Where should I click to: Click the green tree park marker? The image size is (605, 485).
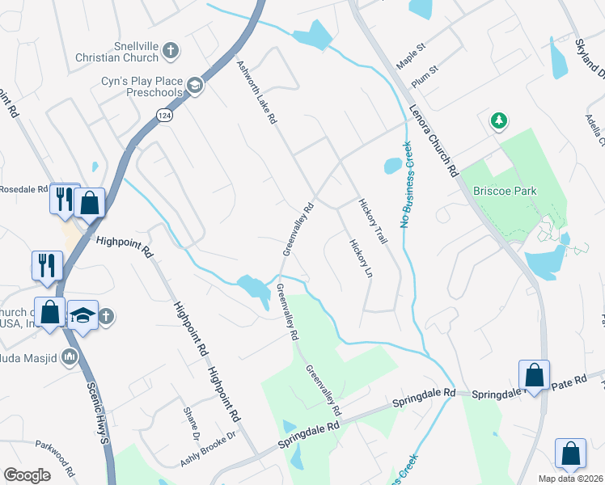click(x=499, y=121)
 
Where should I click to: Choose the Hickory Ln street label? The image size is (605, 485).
click(x=360, y=259)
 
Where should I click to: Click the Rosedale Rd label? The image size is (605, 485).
click(x=22, y=189)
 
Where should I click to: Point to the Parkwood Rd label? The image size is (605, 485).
click(x=55, y=458)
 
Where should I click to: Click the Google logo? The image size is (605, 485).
click(x=27, y=475)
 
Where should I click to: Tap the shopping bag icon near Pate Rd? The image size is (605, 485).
click(x=534, y=375)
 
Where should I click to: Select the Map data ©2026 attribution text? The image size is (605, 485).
click(x=570, y=479)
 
